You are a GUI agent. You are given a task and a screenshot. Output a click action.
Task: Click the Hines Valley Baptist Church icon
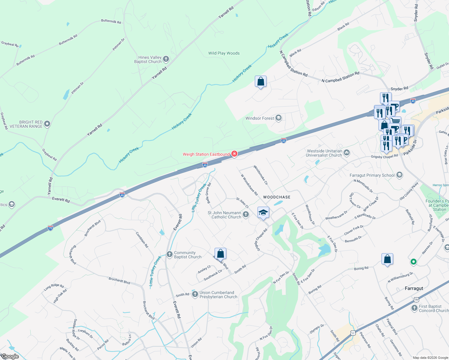click(166, 59)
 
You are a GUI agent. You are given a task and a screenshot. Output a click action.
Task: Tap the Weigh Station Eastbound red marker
click(234, 154)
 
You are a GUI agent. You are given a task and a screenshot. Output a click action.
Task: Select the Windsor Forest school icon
click(279, 118)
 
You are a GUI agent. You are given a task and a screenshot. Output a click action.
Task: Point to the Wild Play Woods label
click(224, 53)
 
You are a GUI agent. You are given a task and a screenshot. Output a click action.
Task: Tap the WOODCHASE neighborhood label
click(277, 197)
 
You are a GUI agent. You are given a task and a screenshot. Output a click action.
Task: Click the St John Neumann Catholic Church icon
click(246, 214)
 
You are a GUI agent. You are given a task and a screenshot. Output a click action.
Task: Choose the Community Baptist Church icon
click(169, 254)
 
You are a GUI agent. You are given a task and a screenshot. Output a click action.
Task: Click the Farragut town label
click(414, 288)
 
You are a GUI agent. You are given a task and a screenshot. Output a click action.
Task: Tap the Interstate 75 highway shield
click(50, 228)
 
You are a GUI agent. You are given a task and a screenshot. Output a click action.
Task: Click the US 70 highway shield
click(416, 299)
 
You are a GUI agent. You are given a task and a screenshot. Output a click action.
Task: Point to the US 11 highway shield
click(353, 333)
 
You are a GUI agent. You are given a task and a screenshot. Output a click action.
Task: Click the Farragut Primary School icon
click(399, 175)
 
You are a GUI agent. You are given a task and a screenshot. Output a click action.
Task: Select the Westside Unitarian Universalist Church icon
click(347, 153)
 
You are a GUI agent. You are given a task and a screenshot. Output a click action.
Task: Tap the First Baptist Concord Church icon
click(414, 308)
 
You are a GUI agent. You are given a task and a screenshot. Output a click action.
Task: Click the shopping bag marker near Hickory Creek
click(261, 81)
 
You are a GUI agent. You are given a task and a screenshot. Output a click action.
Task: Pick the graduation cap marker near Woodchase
click(263, 213)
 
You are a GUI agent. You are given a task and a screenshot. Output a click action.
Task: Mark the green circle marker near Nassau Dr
click(413, 262)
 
